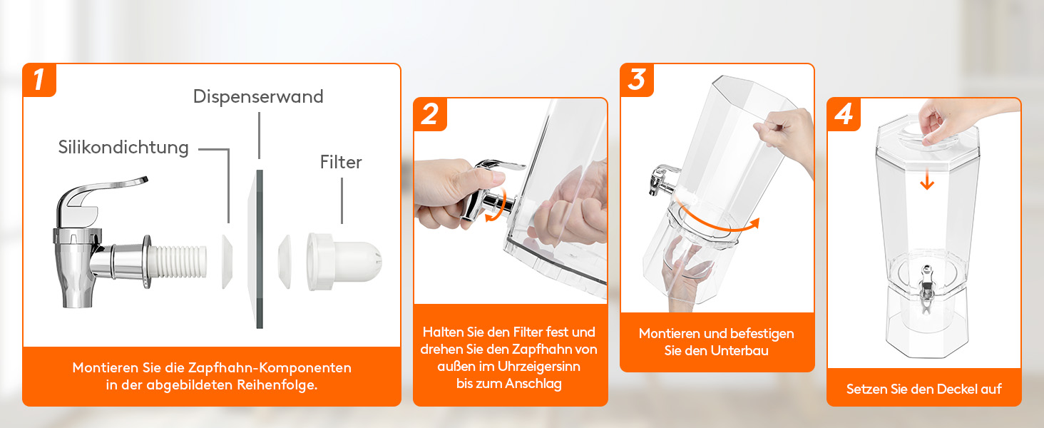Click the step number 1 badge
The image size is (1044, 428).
tap(39, 80)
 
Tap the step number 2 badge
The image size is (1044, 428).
tap(430, 114)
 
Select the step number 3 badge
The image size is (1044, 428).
tap(637, 80)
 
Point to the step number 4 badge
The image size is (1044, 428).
tap(844, 114)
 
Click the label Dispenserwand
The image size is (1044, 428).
tap(258, 96)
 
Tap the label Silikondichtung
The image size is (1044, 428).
tap(123, 148)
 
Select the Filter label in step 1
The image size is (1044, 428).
tap(341, 162)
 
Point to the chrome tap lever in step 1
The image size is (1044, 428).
tap(101, 196)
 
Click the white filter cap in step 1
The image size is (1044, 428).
tap(344, 262)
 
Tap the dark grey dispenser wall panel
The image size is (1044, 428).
tap(260, 249)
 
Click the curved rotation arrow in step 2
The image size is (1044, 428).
tap(499, 208)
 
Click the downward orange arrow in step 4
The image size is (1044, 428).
tap(927, 179)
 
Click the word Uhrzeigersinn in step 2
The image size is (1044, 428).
tap(539, 367)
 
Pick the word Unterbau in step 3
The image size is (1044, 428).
tap(739, 351)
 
